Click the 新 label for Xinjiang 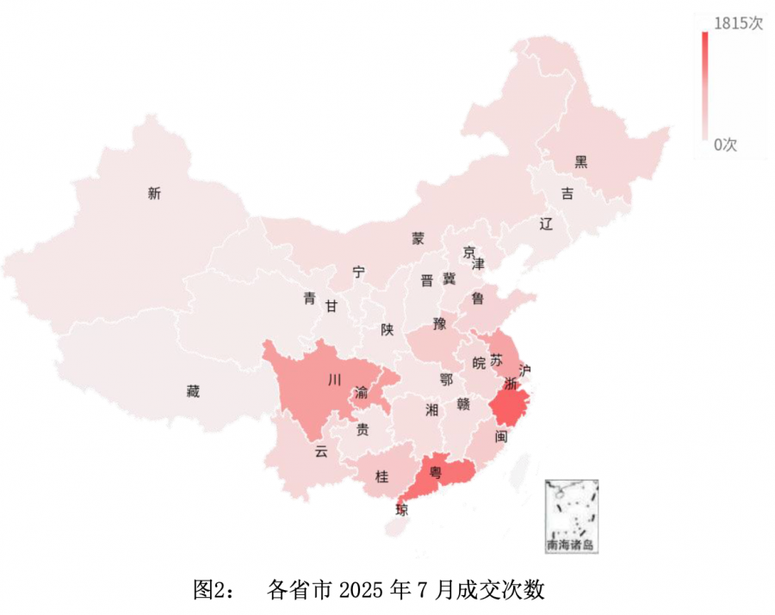[154, 194]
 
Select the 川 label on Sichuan [333, 379]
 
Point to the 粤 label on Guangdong [437, 471]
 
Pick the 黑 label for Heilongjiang [581, 162]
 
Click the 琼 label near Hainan [401, 509]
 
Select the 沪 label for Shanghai [525, 370]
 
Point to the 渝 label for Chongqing [362, 394]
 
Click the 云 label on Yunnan [321, 450]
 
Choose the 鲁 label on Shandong [477, 298]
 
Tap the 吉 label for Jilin [567, 194]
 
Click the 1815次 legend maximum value [739, 24]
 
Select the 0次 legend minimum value [725, 145]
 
